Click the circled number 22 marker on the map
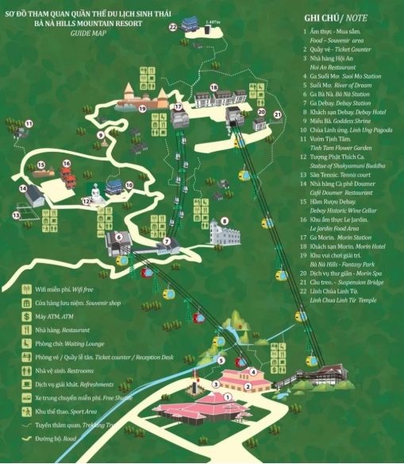[x=173, y=27]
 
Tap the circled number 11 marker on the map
[x=29, y=123]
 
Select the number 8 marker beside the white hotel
[x=225, y=221]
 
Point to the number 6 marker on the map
[x=118, y=236]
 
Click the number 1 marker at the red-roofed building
[x=227, y=396]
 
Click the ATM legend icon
[x=27, y=315]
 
